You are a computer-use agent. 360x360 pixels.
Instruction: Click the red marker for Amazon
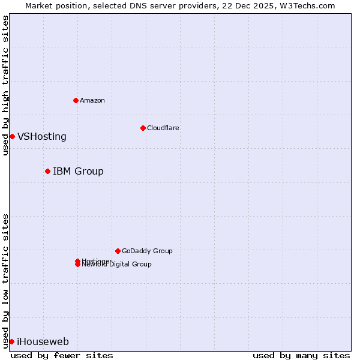pos(76,100)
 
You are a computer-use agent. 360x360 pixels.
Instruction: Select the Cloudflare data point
pos(143,128)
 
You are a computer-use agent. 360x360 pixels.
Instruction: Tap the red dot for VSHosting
pos(12,136)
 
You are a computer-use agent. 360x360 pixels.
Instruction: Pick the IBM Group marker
pos(47,171)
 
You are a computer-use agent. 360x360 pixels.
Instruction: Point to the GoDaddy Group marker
pos(118,251)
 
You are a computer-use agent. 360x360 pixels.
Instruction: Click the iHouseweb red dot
pos(11,341)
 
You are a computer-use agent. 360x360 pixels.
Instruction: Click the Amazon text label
pos(92,100)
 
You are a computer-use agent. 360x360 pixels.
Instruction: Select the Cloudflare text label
pos(163,128)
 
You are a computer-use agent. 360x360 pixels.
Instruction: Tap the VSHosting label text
pos(42,136)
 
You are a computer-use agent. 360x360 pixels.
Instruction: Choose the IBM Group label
pos(78,172)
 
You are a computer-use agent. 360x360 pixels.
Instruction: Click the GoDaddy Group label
pos(147,251)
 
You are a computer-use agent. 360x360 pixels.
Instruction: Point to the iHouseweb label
pos(43,342)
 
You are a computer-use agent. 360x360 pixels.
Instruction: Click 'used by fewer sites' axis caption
pos(62,356)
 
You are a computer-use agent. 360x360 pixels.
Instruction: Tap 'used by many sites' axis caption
pos(301,356)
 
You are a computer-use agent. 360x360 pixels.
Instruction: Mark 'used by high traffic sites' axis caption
pos(6,85)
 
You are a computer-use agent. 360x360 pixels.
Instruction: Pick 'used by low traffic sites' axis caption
pos(6,281)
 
